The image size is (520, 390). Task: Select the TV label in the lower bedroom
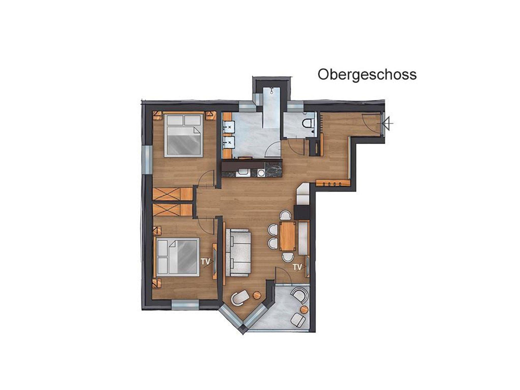(x=206, y=261)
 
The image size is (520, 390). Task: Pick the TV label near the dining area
(x=298, y=267)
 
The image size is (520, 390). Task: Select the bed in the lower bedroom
(x=177, y=257)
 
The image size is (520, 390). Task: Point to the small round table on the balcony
(x=304, y=309)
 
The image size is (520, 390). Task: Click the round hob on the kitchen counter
(x=261, y=173)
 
